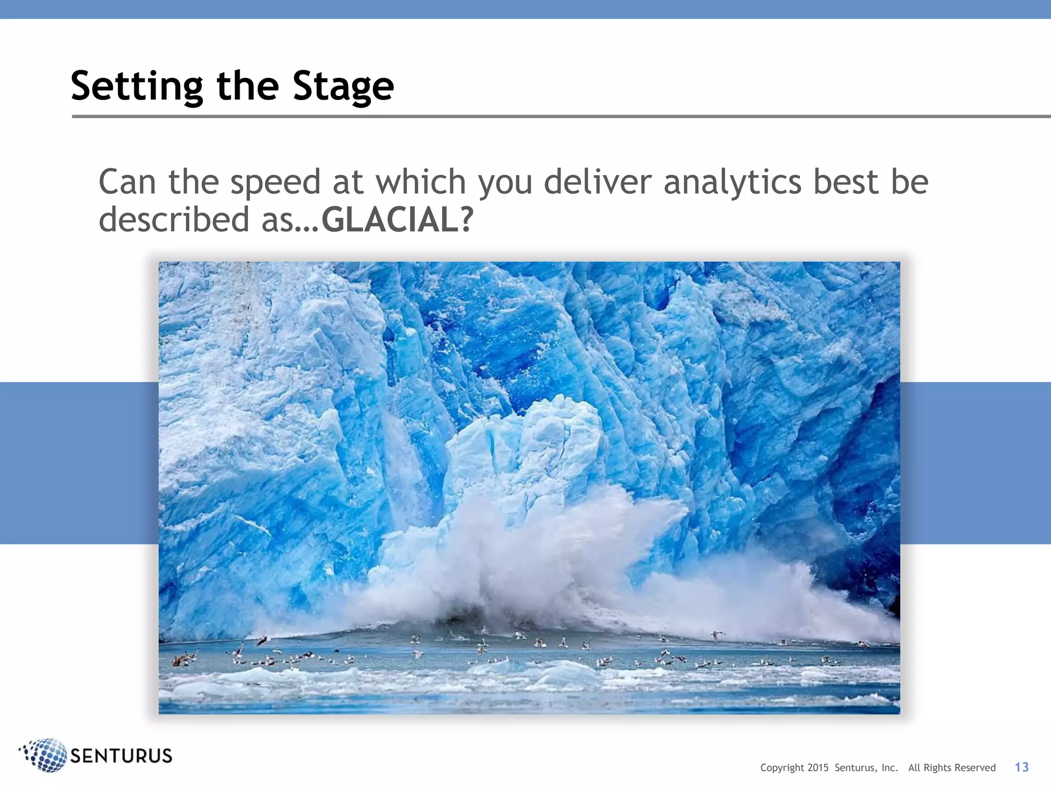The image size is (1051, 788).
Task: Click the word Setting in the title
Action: point(137,86)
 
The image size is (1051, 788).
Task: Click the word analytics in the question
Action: point(732,183)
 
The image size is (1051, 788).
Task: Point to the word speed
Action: point(275,183)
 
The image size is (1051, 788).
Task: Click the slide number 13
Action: point(1021,767)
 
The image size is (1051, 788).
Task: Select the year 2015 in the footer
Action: point(818,768)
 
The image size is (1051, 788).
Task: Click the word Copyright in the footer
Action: point(782,768)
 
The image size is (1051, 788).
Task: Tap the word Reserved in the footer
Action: point(975,768)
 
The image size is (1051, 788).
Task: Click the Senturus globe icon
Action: point(45,755)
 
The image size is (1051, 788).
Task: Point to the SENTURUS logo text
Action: point(121,756)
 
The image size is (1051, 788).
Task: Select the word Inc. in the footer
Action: point(889,768)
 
